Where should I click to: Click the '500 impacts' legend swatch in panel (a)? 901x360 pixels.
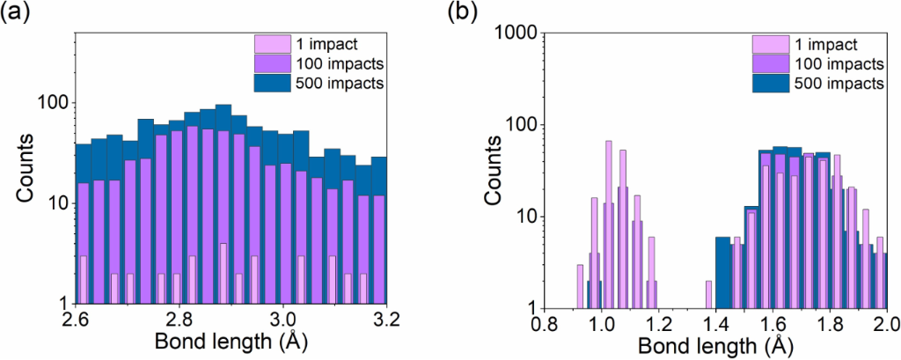267,83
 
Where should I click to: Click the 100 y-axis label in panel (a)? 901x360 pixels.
55,103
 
